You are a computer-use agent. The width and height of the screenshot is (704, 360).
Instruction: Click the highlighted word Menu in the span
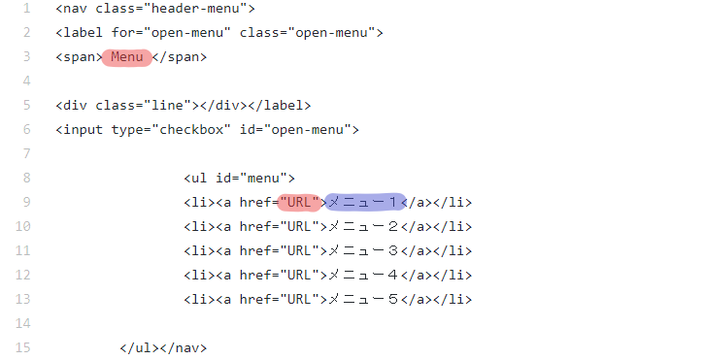pos(126,57)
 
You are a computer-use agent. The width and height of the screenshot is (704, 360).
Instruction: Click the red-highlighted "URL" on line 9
pos(297,203)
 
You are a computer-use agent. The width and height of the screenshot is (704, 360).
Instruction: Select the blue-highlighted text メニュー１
pos(364,203)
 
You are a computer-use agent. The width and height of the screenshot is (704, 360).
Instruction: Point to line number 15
pos(24,347)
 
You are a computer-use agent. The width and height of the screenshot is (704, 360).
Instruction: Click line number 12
pos(24,275)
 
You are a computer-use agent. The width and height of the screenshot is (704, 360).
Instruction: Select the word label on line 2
pos(83,33)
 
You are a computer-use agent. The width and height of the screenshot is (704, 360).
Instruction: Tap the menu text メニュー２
pos(364,227)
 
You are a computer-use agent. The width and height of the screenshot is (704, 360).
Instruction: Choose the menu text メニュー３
pos(364,251)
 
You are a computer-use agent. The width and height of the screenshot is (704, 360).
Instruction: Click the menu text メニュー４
pos(364,275)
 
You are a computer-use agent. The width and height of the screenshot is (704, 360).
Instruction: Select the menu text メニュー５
pos(364,299)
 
